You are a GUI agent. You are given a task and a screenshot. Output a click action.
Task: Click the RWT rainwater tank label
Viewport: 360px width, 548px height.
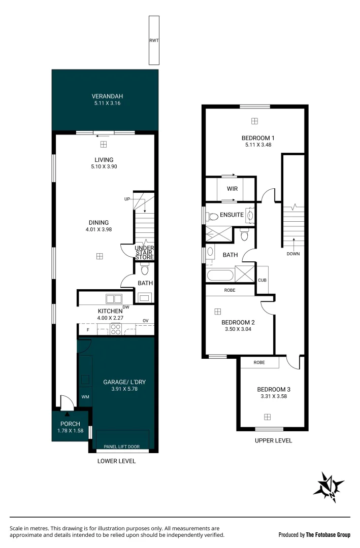point(154,41)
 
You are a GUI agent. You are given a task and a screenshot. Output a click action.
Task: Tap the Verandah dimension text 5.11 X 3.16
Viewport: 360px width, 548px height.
point(107,103)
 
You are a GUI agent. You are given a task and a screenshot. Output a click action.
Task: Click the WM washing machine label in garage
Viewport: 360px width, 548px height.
point(85,397)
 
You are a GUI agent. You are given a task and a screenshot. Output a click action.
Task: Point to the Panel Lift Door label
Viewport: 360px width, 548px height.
point(122,447)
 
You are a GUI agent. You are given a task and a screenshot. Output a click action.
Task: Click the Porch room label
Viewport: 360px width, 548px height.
point(70,424)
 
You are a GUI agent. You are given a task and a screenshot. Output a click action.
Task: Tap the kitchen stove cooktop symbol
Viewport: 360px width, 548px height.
point(116,330)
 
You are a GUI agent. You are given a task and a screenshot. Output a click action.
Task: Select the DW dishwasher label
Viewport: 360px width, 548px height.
point(126,307)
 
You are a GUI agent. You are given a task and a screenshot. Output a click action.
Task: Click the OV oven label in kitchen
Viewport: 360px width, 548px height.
point(145,320)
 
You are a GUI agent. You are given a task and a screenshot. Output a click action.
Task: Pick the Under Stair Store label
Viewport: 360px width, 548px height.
point(144,253)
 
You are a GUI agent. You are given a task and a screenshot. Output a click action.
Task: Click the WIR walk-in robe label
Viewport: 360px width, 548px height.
point(232,188)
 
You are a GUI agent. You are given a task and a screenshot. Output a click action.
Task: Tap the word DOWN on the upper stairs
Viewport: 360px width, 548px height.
point(293,254)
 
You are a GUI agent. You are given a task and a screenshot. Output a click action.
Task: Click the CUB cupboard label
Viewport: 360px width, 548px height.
point(262,280)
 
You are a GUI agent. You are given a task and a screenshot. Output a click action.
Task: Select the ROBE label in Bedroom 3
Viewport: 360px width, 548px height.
point(259,363)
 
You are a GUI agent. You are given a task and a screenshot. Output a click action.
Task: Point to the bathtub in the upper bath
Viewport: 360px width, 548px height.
point(220,276)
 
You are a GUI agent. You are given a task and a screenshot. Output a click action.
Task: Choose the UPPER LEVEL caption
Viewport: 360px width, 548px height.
point(273,440)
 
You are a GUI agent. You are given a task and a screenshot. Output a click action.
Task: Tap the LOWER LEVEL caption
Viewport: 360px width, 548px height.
point(116,461)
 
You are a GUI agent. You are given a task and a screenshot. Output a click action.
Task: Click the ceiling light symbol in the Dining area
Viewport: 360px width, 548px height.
point(100,256)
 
